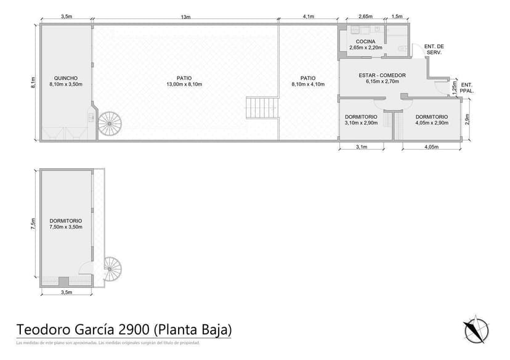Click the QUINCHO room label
click(65, 78)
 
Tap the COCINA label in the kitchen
click(366, 41)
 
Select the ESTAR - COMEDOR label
click(382, 75)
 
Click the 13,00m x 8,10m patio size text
click(184, 84)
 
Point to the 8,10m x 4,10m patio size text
click(308, 84)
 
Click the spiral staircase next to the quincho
click(110, 123)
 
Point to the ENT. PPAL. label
click(467, 88)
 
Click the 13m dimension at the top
click(185, 17)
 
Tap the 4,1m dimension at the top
click(309, 17)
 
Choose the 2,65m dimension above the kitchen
click(365, 17)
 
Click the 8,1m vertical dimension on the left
click(33, 83)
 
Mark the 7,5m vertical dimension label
click(33, 226)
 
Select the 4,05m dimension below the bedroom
click(431, 147)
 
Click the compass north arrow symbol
click(476, 329)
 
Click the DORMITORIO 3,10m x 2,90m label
click(361, 120)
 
